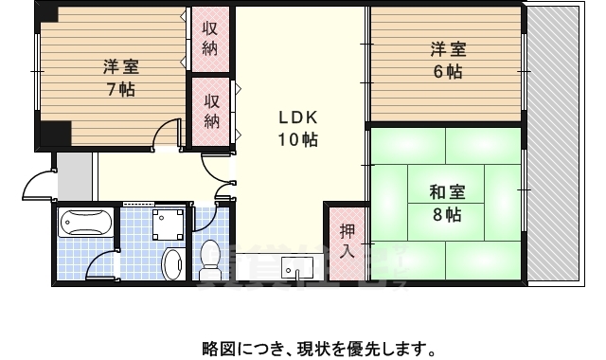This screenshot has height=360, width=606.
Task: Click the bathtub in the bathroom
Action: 86,225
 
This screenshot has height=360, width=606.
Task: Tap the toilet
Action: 210,258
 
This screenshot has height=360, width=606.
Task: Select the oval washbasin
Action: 172,263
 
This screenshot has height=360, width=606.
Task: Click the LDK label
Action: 296,117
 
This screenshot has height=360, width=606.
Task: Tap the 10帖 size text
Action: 296,140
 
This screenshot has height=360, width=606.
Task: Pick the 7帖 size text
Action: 120,90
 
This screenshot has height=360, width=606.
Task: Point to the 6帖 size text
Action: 448,72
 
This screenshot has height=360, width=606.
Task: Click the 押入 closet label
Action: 346,242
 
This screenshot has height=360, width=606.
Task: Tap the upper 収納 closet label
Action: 211,37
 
